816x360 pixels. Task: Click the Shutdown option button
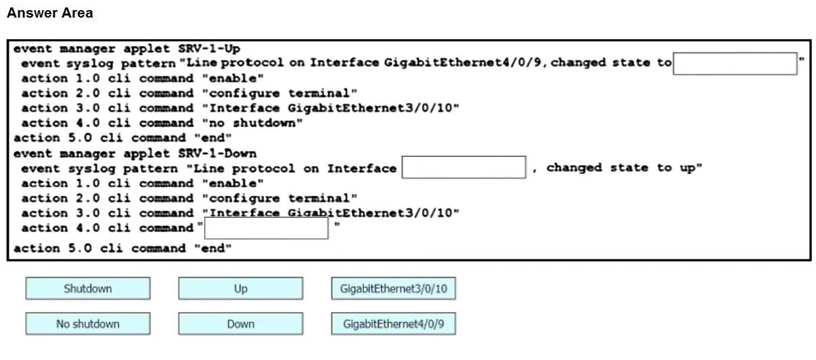pos(88,288)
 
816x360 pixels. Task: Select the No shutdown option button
pos(88,323)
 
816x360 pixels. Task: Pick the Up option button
pos(240,288)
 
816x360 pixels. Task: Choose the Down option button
pos(240,323)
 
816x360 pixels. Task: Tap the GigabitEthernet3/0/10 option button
pos(393,288)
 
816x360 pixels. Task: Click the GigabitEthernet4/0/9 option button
pos(393,323)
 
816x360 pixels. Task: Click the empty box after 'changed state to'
pos(735,64)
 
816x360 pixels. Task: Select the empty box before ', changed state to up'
pos(463,167)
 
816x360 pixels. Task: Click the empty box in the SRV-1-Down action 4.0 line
pos(267,228)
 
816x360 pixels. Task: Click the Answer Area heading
pos(50,13)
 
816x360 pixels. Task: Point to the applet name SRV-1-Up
pos(209,49)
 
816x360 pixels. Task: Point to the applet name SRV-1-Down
pos(217,154)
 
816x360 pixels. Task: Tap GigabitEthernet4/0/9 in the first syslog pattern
pos(463,62)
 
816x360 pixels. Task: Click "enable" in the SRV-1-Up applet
pos(233,78)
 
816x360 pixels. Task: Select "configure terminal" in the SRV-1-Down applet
pos(279,198)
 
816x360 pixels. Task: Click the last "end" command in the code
pos(212,248)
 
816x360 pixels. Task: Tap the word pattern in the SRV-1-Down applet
pos(150,168)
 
